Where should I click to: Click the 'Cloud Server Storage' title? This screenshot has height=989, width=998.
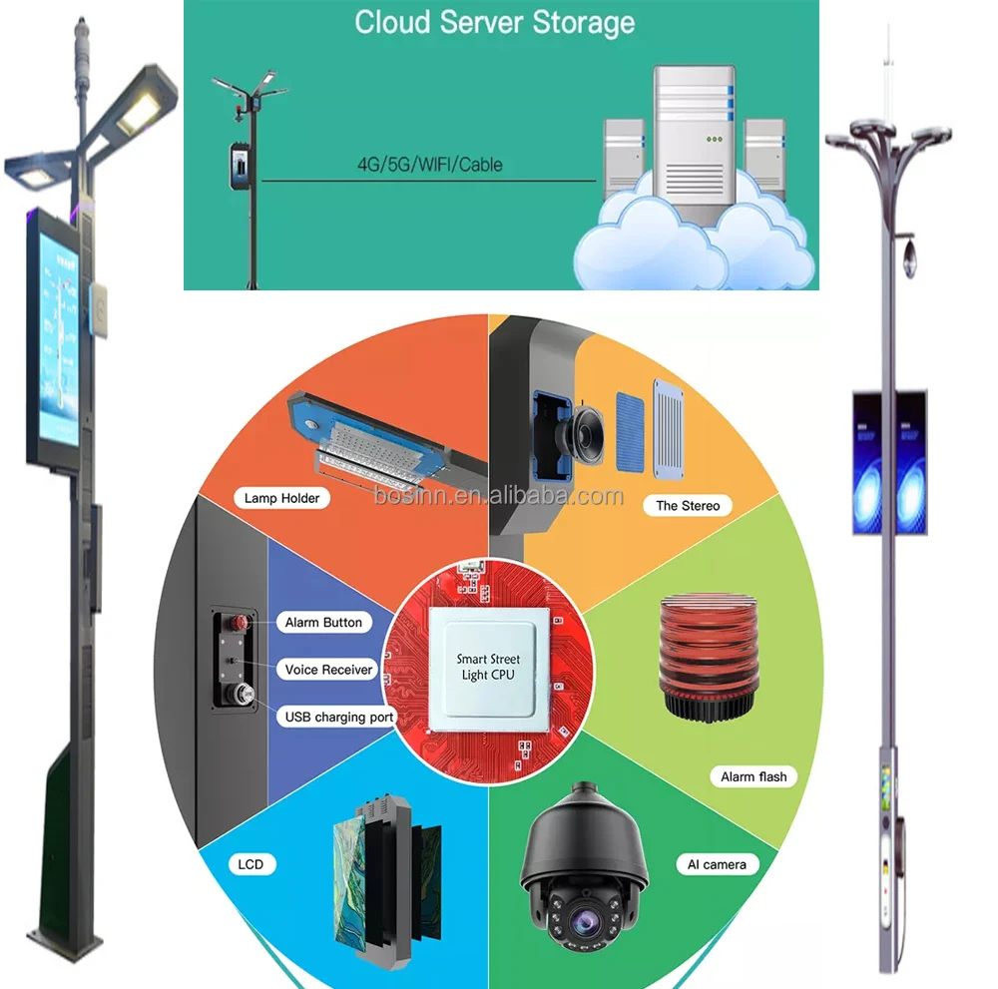495,22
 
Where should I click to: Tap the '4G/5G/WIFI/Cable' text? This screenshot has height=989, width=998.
429,164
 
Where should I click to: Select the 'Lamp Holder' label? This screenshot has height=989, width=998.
281,498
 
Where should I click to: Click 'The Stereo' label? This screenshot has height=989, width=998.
687,506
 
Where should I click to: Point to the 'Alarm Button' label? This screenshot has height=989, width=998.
323,622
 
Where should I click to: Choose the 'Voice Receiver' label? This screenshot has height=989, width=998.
328,670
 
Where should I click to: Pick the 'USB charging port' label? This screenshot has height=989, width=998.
339,717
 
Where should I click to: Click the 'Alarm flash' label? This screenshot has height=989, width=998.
753,776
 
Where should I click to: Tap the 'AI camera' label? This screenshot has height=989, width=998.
717,864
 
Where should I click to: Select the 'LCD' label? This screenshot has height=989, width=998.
251,864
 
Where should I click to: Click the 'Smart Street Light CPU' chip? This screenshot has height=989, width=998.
488,667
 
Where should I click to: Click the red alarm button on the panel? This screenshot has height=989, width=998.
240,625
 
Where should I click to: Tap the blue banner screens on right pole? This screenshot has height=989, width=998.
888,461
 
